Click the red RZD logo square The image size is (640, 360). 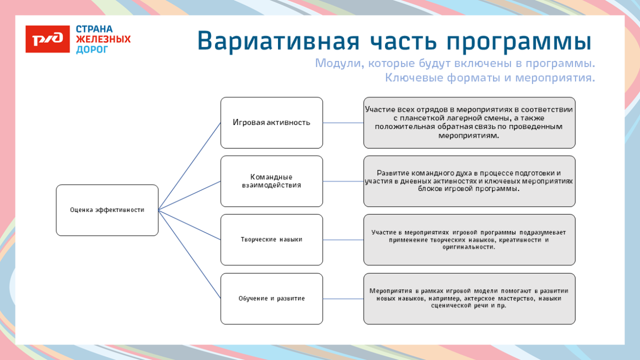click(48, 39)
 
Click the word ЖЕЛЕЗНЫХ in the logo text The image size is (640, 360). click(103, 39)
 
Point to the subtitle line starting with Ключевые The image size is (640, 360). click(489, 78)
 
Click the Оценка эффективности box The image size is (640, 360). click(107, 210)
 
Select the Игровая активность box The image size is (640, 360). click(271, 122)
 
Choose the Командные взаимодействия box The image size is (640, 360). click(271, 181)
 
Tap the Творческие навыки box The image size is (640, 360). click(271, 240)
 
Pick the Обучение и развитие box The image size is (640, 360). click(271, 299)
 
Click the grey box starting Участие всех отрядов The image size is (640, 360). click(469, 122)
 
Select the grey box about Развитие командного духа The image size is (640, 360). click(469, 181)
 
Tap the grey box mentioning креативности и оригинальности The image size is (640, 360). click(469, 240)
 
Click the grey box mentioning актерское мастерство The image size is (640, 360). click(469, 299)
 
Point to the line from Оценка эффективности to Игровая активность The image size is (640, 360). click(189, 166)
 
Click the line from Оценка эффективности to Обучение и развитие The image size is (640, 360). click(189, 254)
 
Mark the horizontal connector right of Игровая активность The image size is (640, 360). click(343, 123)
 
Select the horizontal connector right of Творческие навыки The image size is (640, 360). click(343, 240)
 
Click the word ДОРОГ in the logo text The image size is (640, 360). click(92, 50)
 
